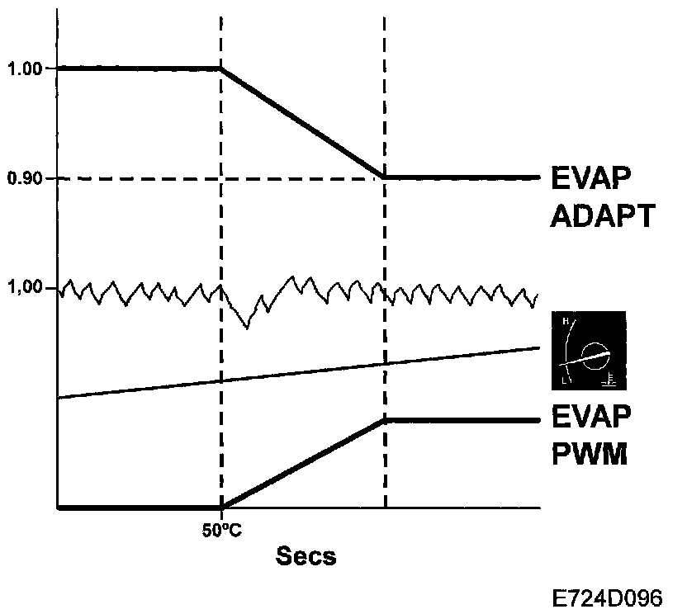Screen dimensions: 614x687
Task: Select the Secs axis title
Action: point(306,556)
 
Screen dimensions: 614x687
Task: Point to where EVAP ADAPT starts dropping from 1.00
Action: point(221,68)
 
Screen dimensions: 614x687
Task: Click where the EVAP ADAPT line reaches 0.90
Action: point(385,177)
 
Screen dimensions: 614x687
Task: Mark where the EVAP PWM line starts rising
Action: point(222,506)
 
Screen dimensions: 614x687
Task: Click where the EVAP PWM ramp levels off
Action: point(385,421)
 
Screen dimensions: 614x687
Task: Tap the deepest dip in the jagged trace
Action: point(246,328)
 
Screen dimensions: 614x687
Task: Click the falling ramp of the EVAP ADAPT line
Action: point(303,122)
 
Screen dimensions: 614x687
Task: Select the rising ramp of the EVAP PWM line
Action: point(303,464)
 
